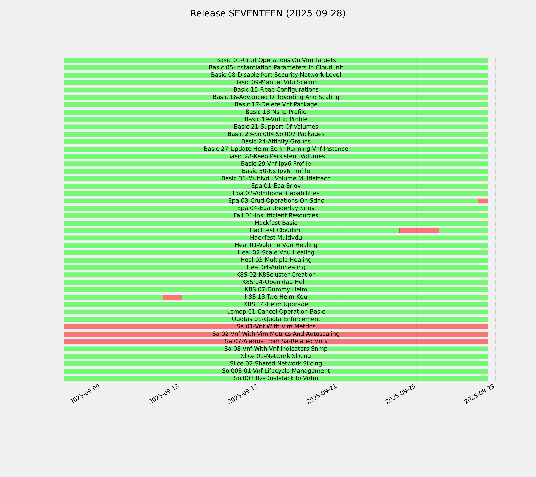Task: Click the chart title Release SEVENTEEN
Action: (x=268, y=13)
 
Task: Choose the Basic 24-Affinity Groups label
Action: (x=276, y=142)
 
